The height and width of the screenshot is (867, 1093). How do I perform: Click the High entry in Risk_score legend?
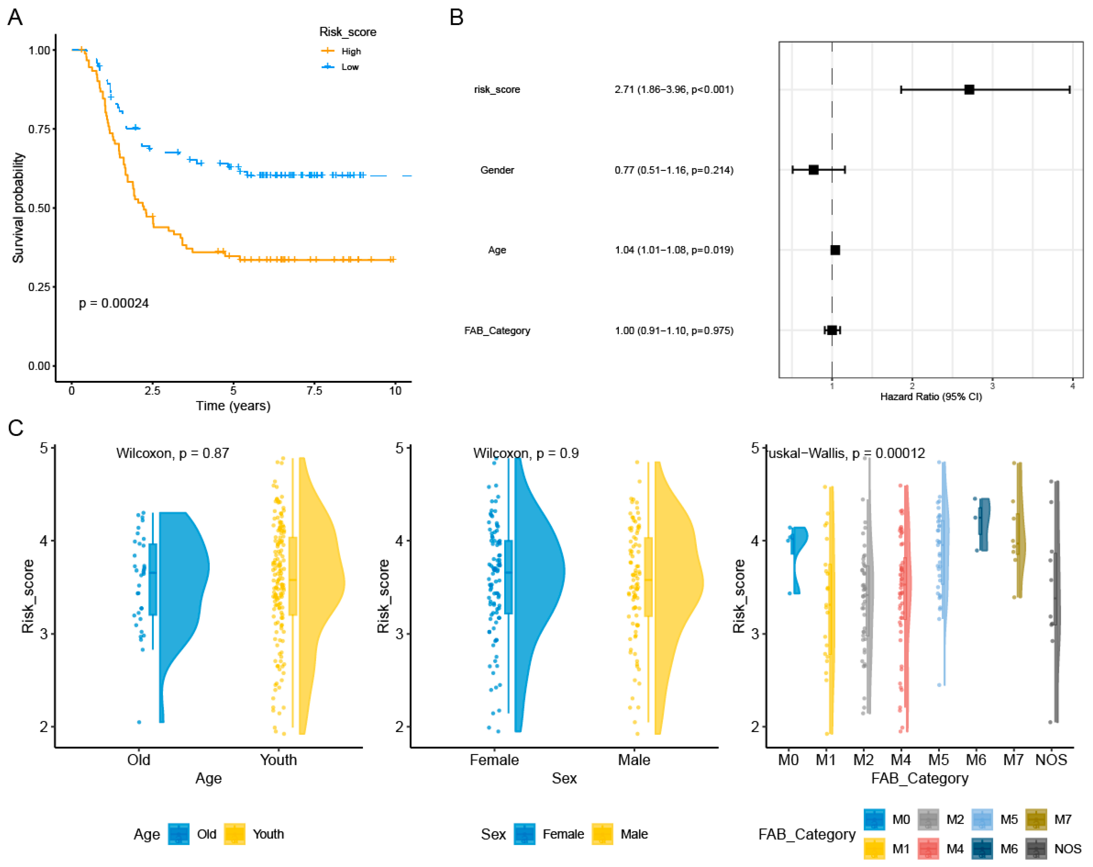coord(351,51)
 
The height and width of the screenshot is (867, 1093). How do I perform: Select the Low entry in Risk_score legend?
coord(350,67)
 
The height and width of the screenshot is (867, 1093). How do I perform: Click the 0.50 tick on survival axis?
coord(39,208)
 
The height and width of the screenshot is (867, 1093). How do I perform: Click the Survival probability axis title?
coord(18,208)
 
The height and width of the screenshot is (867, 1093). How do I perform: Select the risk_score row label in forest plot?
coord(497,90)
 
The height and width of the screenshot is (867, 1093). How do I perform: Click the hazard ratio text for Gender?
coord(674,170)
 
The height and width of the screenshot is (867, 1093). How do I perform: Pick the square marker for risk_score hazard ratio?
coord(969,90)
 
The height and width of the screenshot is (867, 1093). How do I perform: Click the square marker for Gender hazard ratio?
coord(813,170)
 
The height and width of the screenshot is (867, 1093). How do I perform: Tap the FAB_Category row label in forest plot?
coord(497,331)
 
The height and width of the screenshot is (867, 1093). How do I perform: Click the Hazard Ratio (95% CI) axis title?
coord(931,396)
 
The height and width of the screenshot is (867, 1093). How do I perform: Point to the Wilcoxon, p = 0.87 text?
coord(172,453)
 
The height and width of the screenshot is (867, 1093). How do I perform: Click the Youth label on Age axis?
coord(278,760)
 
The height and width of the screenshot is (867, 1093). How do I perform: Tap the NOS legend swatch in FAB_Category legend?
coord(1036,848)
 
